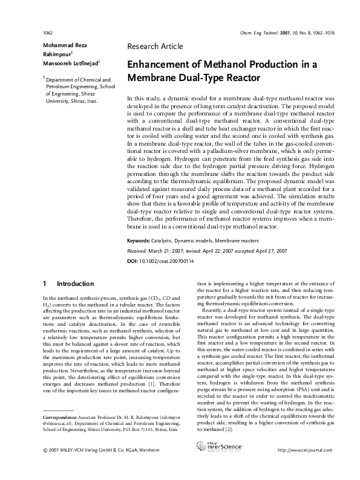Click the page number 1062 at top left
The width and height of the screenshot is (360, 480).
tap(48, 31)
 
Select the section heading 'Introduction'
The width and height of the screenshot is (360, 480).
tap(75, 284)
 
